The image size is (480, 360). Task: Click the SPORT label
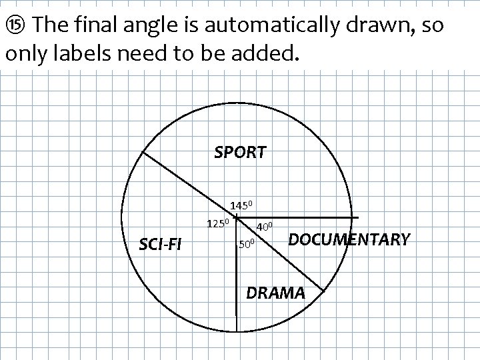click(x=240, y=153)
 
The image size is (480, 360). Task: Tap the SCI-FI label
click(x=159, y=245)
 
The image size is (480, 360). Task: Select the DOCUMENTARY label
click(x=349, y=239)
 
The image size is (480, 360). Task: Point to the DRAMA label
click(x=275, y=293)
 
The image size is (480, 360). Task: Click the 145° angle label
click(x=241, y=205)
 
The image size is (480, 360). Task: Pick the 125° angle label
click(x=218, y=222)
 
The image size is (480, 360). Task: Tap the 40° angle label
click(x=265, y=227)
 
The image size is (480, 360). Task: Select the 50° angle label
click(x=247, y=245)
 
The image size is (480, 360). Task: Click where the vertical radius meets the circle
click(x=237, y=331)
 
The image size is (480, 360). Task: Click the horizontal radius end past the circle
click(x=357, y=217)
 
